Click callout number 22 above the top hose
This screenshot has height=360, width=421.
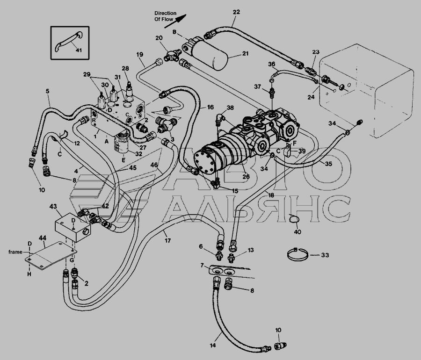click(236, 12)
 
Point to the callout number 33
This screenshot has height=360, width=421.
click(325, 255)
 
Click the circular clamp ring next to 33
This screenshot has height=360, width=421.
click(296, 255)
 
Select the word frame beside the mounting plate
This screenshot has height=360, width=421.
click(15, 252)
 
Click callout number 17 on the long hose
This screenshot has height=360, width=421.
click(167, 240)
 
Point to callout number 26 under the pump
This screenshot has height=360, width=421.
click(246, 176)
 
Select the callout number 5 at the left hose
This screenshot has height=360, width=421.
click(47, 91)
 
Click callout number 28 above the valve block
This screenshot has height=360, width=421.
click(125, 68)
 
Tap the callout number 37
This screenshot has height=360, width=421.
click(258, 87)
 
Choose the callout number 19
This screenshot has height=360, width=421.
click(140, 55)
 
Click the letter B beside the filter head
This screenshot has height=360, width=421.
click(174, 32)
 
